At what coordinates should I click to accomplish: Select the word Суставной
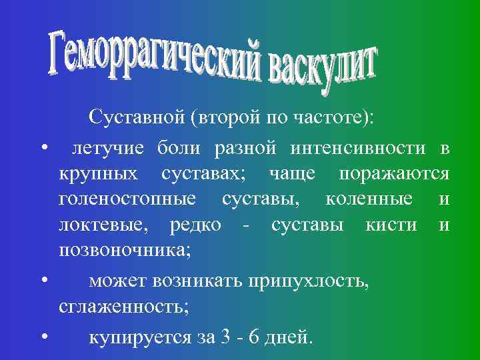(136, 119)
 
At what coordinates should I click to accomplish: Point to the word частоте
(339, 119)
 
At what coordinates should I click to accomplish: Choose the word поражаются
(394, 173)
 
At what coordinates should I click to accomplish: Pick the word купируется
(139, 337)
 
